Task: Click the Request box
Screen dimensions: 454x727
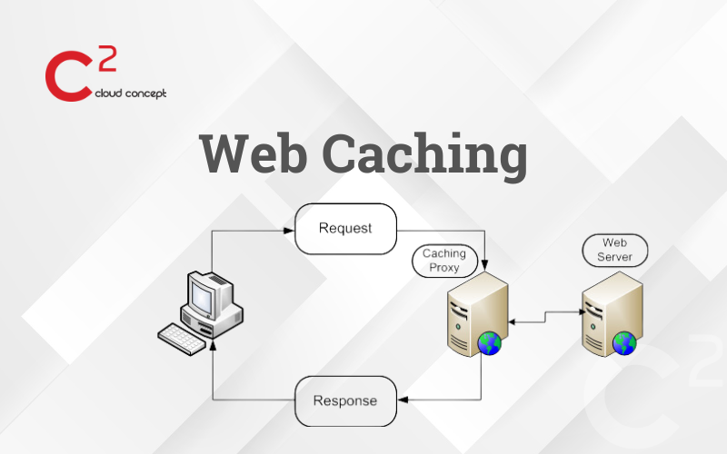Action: pyautogui.click(x=345, y=229)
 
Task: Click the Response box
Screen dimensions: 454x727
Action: pyautogui.click(x=344, y=400)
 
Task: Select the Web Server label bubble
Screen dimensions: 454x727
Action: pyautogui.click(x=613, y=250)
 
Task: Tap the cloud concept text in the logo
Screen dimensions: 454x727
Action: pyautogui.click(x=130, y=93)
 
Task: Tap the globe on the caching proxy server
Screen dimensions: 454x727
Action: pyautogui.click(x=490, y=343)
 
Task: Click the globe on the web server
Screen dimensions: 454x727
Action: pyautogui.click(x=624, y=343)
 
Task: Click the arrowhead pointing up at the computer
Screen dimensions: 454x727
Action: pyautogui.click(x=213, y=349)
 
